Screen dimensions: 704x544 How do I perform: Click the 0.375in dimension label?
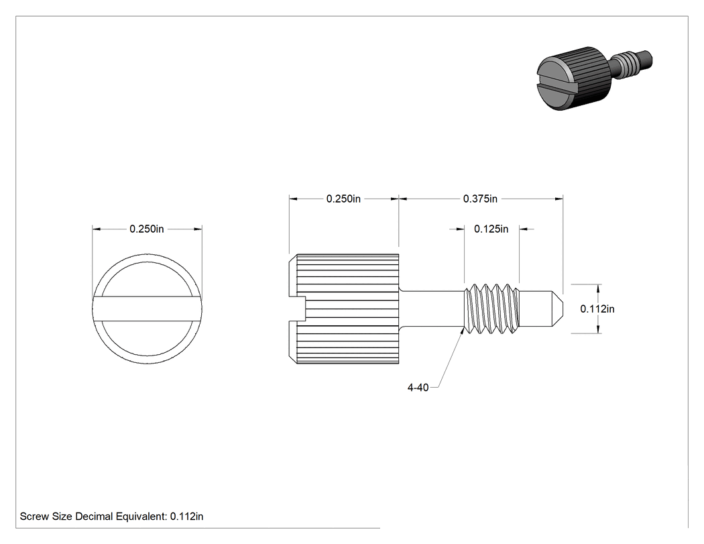pyautogui.click(x=480, y=199)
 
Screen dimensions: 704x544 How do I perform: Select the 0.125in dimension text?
pyautogui.click(x=491, y=229)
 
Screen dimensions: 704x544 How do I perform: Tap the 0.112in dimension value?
pyautogui.click(x=597, y=309)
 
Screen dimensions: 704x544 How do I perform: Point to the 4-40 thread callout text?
pyautogui.click(x=418, y=387)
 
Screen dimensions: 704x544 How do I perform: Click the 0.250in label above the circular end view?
pyautogui.click(x=147, y=229)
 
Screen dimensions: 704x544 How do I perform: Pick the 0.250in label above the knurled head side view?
pyautogui.click(x=343, y=199)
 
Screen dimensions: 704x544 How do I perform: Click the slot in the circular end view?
pyautogui.click(x=148, y=309)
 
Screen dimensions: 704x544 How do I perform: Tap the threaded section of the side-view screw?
pyautogui.click(x=491, y=309)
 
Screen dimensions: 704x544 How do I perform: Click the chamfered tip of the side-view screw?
pyautogui.click(x=556, y=309)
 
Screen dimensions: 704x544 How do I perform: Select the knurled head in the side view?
pyautogui.click(x=343, y=309)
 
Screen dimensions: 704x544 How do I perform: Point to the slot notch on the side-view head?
pyautogui.click(x=297, y=309)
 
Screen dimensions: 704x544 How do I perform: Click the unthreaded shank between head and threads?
pyautogui.click(x=432, y=309)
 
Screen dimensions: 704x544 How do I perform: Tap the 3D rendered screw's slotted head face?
pyautogui.click(x=554, y=84)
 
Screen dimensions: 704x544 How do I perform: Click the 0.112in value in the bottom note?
pyautogui.click(x=187, y=516)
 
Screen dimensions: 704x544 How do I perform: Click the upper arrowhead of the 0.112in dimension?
pyautogui.click(x=599, y=288)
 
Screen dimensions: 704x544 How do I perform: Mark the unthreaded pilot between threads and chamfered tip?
pyautogui.click(x=535, y=309)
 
